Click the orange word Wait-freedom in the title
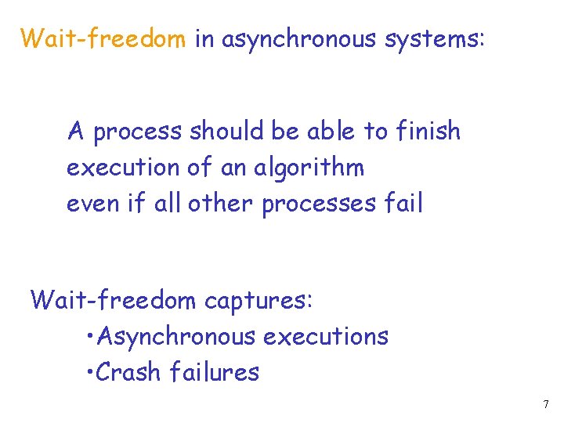[103, 38]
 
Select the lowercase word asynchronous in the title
[300, 38]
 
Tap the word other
[226, 204]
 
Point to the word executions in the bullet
[325, 337]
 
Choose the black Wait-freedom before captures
[114, 299]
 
